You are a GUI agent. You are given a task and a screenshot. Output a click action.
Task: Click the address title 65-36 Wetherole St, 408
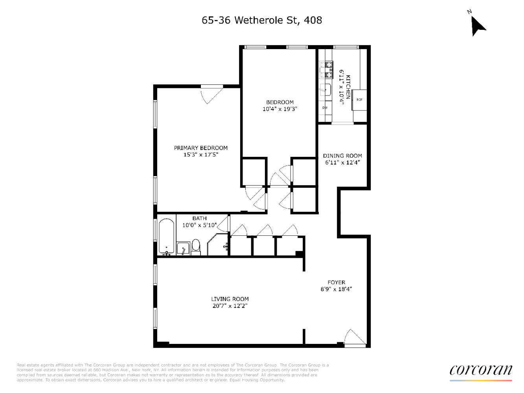click(x=262, y=20)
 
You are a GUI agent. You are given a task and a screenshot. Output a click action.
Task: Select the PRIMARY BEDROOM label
click(x=200, y=148)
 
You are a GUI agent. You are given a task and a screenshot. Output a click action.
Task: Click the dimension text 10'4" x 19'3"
click(x=279, y=109)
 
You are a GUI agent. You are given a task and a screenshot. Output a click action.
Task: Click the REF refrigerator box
click(x=359, y=100)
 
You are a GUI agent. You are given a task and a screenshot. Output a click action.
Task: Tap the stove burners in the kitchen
click(x=326, y=70)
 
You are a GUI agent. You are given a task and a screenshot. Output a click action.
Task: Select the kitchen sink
click(x=325, y=90)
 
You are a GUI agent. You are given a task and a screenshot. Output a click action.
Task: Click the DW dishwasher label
click(x=325, y=107)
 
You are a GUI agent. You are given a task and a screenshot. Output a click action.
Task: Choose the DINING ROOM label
click(x=342, y=156)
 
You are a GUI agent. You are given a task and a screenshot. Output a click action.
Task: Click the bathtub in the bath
click(x=167, y=236)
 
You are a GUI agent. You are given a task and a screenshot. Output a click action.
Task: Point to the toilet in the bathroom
click(x=196, y=246)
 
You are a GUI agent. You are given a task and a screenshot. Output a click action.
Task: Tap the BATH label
click(x=199, y=218)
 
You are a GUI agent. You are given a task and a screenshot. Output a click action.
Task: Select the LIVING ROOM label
click(x=230, y=299)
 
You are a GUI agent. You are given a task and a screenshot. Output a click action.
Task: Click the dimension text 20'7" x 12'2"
click(x=230, y=306)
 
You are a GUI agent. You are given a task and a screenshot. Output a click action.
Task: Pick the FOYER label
click(x=336, y=282)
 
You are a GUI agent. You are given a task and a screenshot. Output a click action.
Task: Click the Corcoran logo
click(x=480, y=370)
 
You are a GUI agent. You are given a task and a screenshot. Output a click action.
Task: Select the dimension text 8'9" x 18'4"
click(x=336, y=289)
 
